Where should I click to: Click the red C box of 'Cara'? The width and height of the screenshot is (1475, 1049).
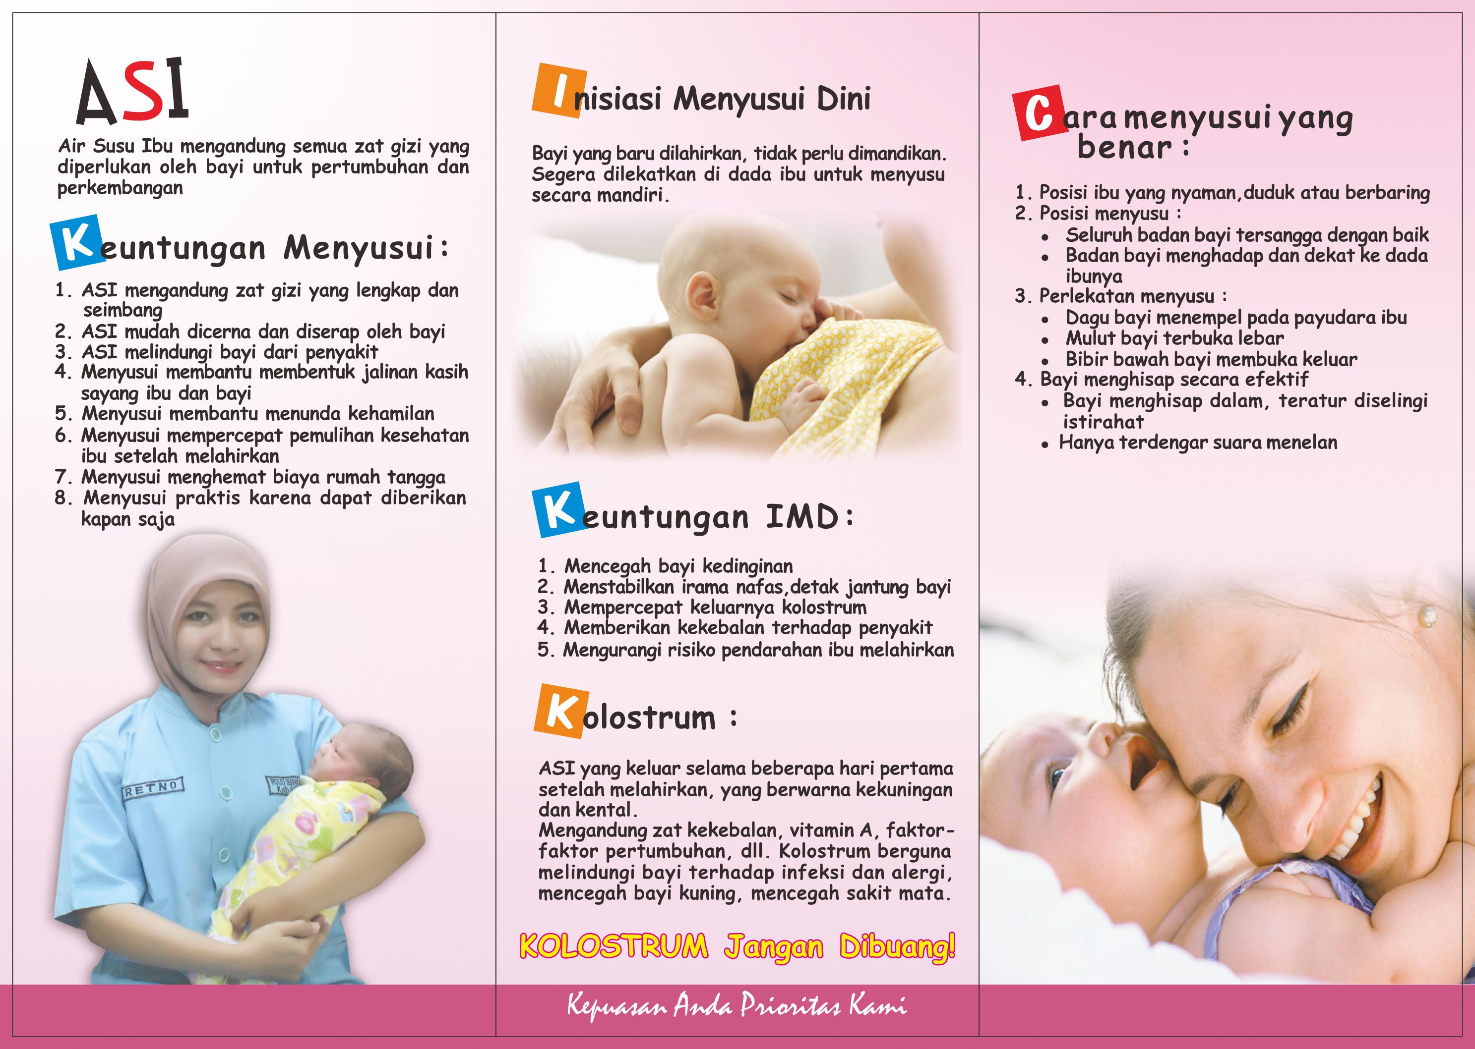coord(1039,113)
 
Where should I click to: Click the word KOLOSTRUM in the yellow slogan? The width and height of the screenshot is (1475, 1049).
coord(614,947)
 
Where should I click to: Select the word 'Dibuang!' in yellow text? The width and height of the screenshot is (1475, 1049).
coord(897,947)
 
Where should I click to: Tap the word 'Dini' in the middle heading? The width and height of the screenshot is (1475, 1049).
coord(844,99)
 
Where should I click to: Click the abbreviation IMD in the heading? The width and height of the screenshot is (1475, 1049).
coord(801,516)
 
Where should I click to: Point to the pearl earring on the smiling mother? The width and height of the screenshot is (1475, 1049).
coord(1428,617)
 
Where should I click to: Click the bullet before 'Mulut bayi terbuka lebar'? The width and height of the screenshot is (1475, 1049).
coord(1045,340)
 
